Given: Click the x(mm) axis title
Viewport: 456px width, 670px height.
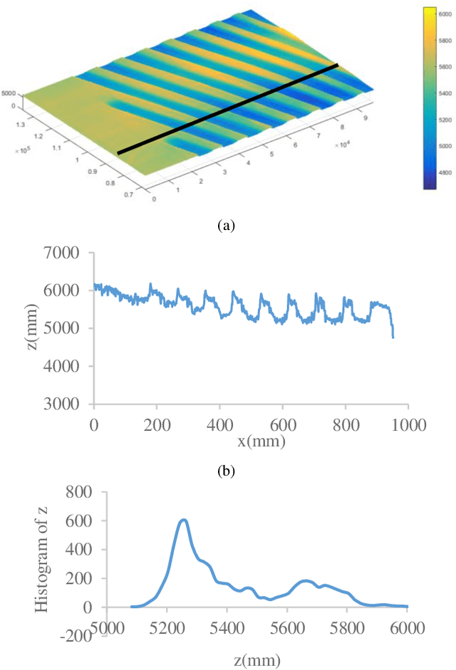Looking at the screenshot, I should point(261,441).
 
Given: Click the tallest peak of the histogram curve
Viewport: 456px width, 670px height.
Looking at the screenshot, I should point(183,520).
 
